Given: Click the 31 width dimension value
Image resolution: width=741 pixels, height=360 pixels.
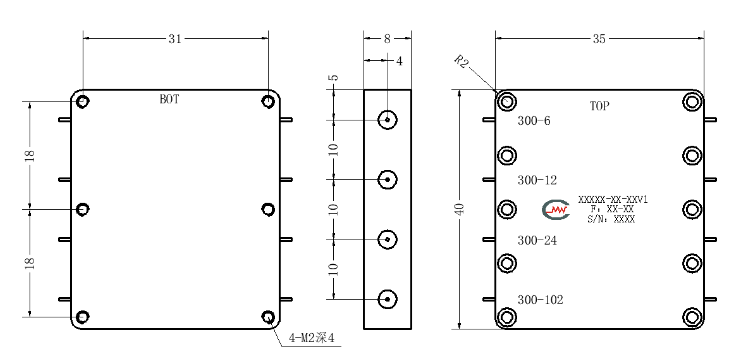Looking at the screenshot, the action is point(175,39).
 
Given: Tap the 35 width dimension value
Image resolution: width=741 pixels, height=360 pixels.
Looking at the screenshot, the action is point(599,39).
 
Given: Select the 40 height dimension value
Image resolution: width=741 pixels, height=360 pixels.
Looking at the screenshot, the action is point(461,209).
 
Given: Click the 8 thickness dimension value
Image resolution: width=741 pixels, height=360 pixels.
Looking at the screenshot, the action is point(387,39).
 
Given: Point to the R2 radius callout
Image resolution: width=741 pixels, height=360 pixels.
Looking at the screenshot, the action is point(462,61).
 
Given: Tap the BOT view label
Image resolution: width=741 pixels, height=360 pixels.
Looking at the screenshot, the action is point(169,100).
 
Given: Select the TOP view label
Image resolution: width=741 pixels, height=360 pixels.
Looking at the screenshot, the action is point(599,106).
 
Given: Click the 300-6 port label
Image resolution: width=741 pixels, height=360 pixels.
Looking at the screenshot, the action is point(534,121).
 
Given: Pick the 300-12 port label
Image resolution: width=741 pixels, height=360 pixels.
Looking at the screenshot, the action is point(537,180).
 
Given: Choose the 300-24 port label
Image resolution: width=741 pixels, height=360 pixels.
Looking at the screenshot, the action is point(537,240).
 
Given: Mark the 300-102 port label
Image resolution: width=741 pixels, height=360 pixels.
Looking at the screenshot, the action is point(540,300).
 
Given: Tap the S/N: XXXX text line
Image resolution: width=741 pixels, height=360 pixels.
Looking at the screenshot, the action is point(612,219).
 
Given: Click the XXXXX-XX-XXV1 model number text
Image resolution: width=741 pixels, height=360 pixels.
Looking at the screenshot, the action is point(613,200).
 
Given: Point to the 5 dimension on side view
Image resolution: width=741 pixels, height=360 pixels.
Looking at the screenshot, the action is point(334,77).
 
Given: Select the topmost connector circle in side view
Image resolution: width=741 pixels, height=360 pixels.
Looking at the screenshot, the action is point(387,120).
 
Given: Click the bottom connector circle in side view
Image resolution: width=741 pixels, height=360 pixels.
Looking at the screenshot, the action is point(387,299).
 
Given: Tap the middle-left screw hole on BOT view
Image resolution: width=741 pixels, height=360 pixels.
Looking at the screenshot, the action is point(83,209).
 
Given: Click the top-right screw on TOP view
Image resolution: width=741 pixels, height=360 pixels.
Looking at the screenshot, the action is point(692,102).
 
